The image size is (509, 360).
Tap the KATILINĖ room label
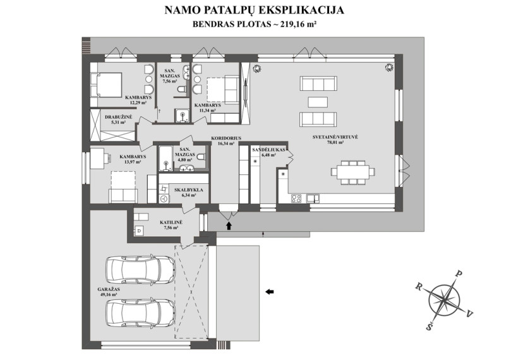171,223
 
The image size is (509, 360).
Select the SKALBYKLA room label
189,190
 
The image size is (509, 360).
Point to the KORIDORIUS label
226,138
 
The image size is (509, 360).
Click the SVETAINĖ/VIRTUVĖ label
335,137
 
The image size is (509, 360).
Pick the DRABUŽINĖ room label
119,117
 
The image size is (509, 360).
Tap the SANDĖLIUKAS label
268,150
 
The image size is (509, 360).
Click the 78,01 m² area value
336,142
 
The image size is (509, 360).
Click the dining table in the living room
353,171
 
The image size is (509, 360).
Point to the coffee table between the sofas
318,102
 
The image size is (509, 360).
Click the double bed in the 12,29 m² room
106,85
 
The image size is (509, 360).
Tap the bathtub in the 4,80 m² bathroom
166,158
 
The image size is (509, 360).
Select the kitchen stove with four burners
296,198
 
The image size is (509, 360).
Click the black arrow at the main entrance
229,225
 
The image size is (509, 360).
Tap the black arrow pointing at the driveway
270,292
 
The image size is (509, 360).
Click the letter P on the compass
459,273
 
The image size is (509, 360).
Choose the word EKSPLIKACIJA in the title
301,10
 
